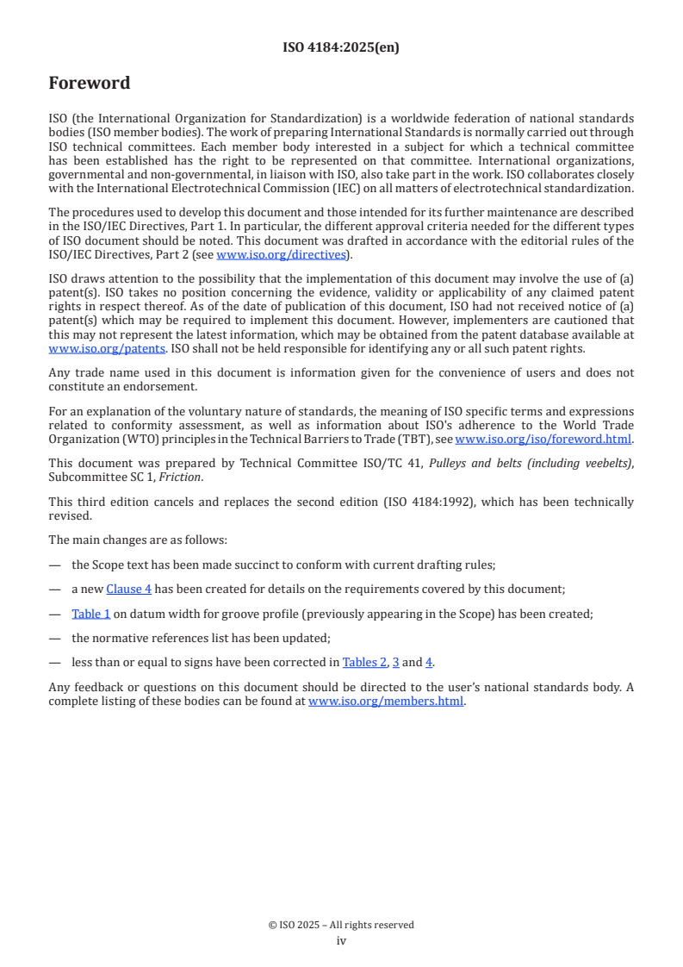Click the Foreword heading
[90, 84]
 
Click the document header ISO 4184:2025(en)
[341, 47]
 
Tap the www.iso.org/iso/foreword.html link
[543, 439]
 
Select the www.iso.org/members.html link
[386, 701]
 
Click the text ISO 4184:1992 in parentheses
[485, 502]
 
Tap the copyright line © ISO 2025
[341, 925]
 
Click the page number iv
[341, 940]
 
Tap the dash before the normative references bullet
[55, 638]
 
